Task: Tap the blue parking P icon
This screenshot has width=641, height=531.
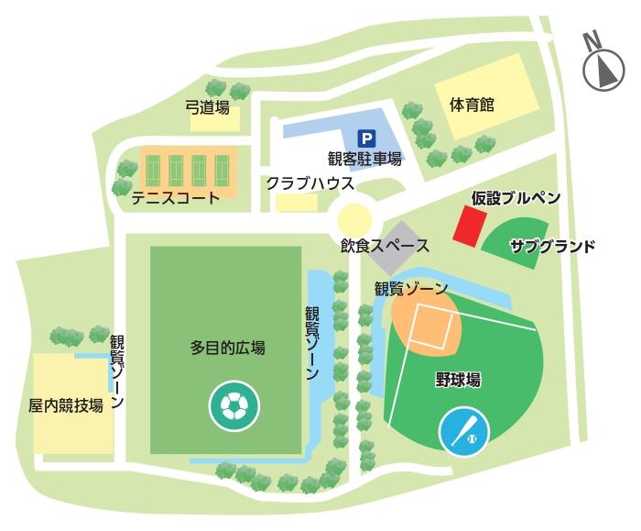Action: [x=365, y=139]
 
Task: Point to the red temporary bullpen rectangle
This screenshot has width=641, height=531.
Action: [x=472, y=226]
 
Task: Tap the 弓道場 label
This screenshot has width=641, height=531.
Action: [x=207, y=106]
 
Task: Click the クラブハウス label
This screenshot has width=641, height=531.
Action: [x=310, y=183]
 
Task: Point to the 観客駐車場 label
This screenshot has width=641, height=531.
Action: [x=364, y=159]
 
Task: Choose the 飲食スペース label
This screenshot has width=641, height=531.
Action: [x=385, y=246]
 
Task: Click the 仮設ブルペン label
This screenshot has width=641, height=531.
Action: [x=516, y=198]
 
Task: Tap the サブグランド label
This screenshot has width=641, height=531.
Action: [x=552, y=246]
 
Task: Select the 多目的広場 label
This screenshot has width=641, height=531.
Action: [x=228, y=348]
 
